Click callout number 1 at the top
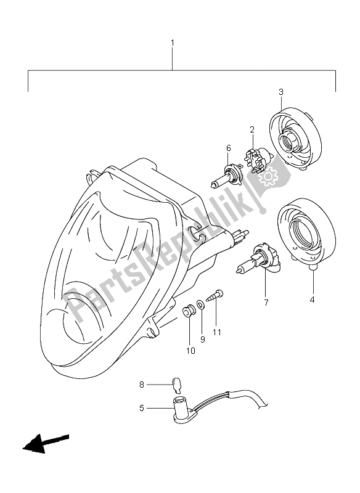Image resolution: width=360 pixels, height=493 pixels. point(173,42)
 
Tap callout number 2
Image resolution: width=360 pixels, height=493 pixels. point(252,129)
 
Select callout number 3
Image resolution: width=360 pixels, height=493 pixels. point(281,92)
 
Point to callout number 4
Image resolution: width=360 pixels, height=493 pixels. point(312,300)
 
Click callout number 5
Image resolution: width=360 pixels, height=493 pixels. point(142,408)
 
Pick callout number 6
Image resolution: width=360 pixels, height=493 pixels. point(229,148)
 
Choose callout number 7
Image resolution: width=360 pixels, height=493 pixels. point(266,303)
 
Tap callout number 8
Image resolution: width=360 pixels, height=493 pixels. point(142,384)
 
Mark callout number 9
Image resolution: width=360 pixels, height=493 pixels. point(203,340)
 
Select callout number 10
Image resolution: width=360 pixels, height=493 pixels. point(190,351)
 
